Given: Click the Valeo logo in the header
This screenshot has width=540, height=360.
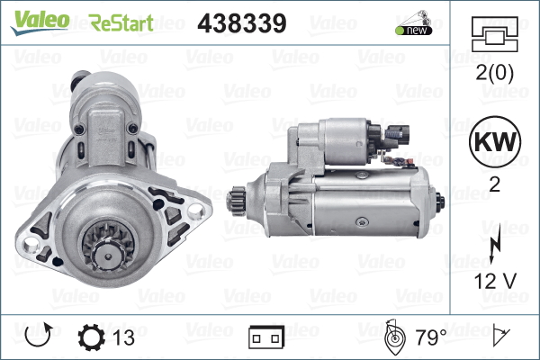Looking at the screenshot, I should [x=40, y=21].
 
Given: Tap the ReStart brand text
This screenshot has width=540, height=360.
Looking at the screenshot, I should [x=121, y=22].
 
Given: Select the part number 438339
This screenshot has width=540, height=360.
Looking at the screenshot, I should [x=240, y=22].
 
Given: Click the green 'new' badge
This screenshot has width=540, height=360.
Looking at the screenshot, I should [x=411, y=30].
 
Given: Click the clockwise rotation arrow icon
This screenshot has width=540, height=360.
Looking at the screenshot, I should [x=39, y=337].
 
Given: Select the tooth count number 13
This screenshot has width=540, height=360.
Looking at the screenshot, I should [x=125, y=337].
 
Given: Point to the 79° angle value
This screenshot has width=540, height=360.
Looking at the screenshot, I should [x=431, y=337].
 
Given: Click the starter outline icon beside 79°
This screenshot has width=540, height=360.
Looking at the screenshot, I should [x=393, y=337].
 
